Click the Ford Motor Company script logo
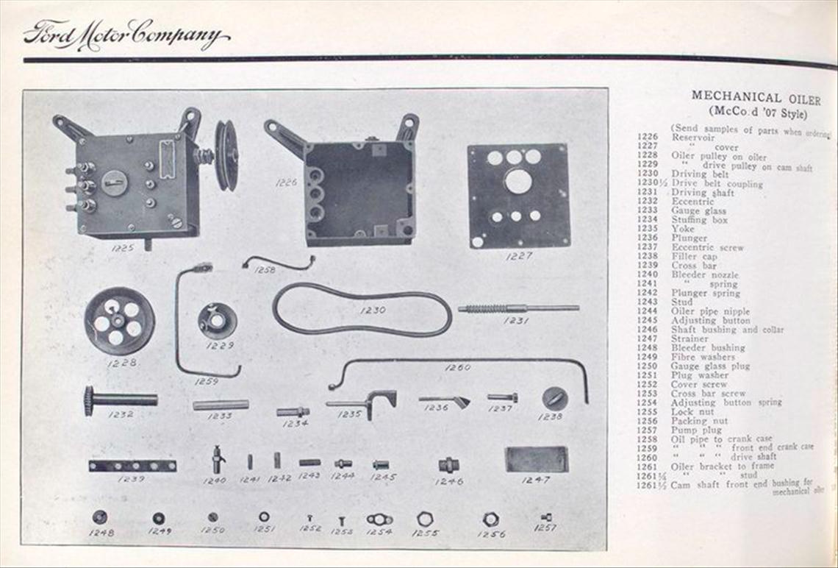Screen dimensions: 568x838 (126, 35)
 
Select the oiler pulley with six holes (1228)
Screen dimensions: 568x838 (119, 321)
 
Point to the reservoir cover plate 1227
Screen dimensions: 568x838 (518, 196)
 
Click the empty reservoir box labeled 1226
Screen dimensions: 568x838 (359, 194)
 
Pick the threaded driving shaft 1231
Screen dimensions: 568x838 (518, 308)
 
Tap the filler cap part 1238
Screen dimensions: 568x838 (554, 399)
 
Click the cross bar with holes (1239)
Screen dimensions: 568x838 (132, 466)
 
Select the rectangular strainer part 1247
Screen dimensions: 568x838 (536, 460)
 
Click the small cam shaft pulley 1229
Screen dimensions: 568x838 (218, 321)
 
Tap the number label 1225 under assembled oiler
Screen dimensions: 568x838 (122, 248)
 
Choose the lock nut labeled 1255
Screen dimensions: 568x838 (425, 519)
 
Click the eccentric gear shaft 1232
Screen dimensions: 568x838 (120, 400)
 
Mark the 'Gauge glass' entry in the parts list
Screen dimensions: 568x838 (698, 211)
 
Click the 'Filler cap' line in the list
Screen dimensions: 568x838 (694, 257)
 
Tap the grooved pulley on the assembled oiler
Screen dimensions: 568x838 (226, 155)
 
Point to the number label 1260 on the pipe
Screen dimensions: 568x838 (458, 367)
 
